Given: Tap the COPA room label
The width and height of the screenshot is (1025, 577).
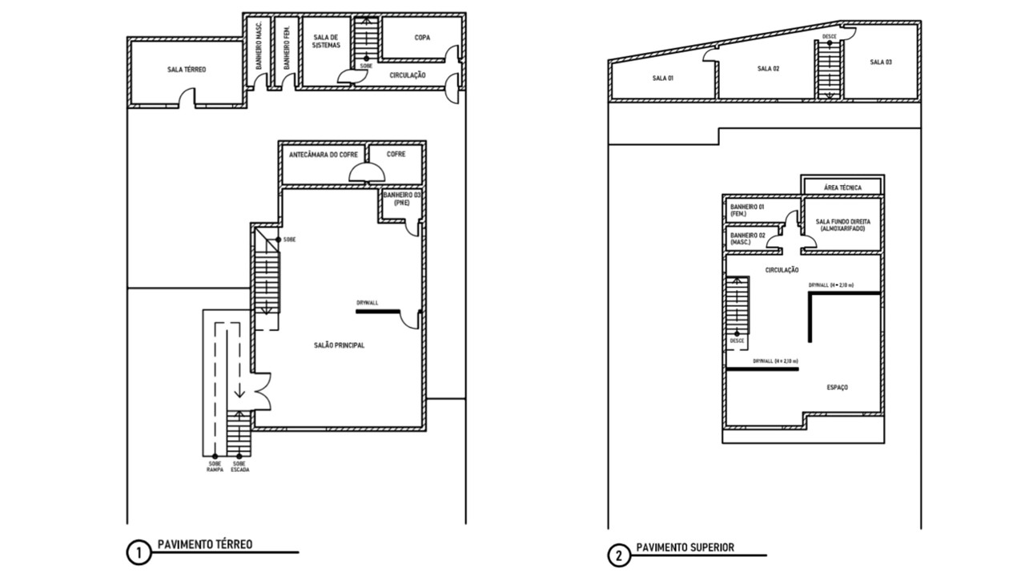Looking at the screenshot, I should [x=422, y=38].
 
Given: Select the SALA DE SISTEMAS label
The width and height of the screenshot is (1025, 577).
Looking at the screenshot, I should [x=327, y=42].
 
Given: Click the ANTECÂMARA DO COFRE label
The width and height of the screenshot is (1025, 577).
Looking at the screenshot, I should [x=323, y=154].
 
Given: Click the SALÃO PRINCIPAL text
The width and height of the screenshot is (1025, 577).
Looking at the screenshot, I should [x=339, y=345].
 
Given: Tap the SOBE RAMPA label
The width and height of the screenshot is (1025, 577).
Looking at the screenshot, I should [x=215, y=466].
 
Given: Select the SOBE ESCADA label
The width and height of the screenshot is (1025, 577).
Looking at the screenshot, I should [x=239, y=466].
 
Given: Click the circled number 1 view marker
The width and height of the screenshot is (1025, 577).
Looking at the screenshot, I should [x=138, y=553].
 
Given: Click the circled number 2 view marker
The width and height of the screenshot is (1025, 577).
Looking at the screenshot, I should [x=617, y=555].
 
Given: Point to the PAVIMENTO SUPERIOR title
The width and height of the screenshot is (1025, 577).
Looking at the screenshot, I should [x=685, y=548].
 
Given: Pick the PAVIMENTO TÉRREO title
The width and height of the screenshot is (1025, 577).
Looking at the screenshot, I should [x=205, y=545].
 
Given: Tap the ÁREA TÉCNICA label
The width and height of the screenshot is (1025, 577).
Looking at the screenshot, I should [x=842, y=188].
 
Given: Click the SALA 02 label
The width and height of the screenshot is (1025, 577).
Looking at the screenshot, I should [x=768, y=69].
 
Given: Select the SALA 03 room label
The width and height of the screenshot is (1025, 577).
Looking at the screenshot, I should [x=881, y=62].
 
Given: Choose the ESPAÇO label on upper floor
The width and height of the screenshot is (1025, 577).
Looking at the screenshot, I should [x=837, y=388].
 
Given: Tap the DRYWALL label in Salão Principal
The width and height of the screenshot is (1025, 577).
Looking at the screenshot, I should [x=368, y=304].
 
